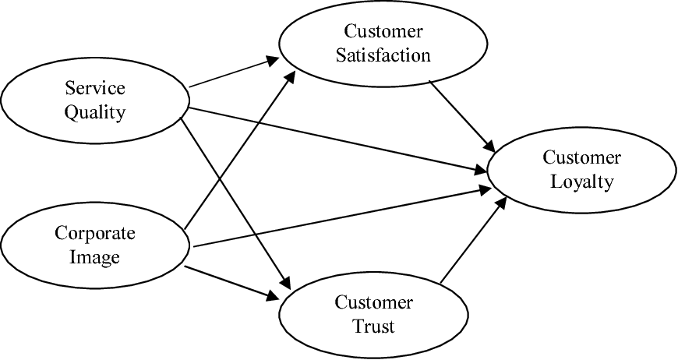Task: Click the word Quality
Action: tap(94, 111)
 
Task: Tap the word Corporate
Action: tap(95, 233)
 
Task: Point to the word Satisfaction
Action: tap(378, 55)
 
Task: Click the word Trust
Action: tap(373, 325)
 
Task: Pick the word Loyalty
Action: tap(581, 182)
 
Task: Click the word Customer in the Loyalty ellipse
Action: tap(581, 157)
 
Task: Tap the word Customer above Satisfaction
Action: tap(383, 32)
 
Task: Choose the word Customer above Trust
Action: tap(373, 302)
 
